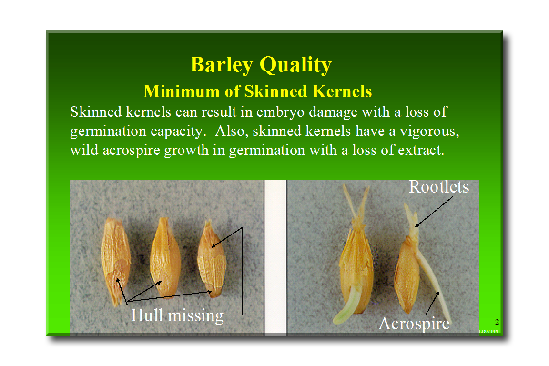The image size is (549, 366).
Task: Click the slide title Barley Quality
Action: [261, 65]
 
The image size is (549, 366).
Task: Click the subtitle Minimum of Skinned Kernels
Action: [257, 91]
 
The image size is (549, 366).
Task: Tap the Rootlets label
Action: [439, 187]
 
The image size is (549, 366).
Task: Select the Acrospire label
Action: [414, 323]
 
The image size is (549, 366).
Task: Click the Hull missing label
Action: [177, 315]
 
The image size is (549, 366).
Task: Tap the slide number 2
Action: [497, 322]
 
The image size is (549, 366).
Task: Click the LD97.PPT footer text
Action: [489, 331]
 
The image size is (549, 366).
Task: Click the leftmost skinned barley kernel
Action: [115, 261]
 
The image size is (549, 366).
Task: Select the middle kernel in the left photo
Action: [165, 257]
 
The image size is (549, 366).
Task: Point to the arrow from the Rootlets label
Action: [434, 212]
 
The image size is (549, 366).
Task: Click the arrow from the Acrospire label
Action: [432, 303]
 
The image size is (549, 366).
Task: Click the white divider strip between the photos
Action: [275, 257]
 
